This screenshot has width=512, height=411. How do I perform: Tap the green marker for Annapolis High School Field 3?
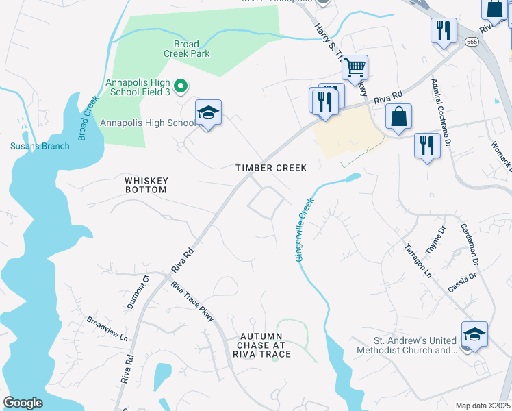(x=181, y=86)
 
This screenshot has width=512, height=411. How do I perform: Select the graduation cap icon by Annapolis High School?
(x=209, y=113)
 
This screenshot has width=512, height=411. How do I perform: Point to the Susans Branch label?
(x=40, y=146)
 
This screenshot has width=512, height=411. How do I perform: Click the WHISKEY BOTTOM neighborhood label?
(x=146, y=185)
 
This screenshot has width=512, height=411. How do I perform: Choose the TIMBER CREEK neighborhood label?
(x=271, y=168)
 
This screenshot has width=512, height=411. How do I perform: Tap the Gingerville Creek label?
(x=305, y=229)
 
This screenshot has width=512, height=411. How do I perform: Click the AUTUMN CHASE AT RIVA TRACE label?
(x=261, y=345)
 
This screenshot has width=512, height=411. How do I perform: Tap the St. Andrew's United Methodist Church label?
(x=407, y=345)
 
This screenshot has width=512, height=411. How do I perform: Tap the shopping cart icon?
(x=355, y=68)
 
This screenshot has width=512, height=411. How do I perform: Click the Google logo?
(x=23, y=403)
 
